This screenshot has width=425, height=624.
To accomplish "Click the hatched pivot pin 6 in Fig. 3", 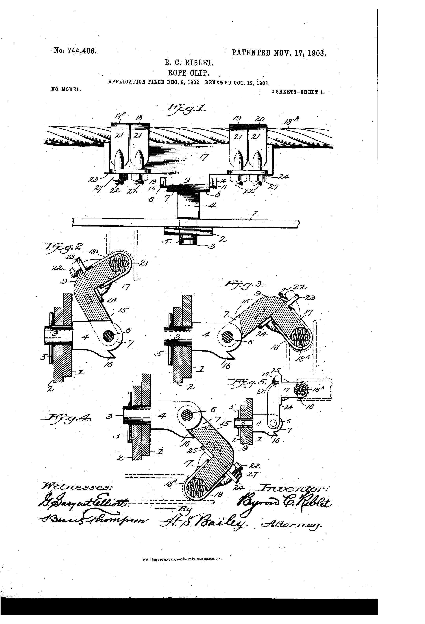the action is [x=228, y=337].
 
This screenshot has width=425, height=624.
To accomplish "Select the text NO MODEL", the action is [x=65, y=89].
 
